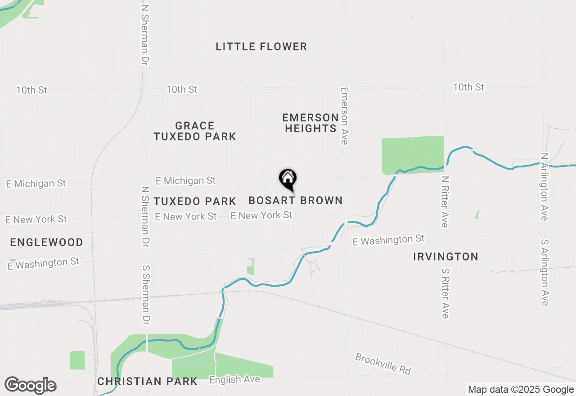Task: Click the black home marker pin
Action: click(x=288, y=179)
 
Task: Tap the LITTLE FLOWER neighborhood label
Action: click(x=261, y=46)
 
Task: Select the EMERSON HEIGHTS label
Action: click(x=310, y=123)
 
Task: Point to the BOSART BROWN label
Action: click(x=295, y=200)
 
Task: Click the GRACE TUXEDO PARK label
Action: click(x=195, y=131)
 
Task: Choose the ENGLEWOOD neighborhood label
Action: click(x=47, y=243)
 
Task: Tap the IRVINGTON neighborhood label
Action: click(x=445, y=257)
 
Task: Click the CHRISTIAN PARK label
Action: click(x=148, y=382)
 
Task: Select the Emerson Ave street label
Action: click(x=345, y=116)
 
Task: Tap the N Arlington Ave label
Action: click(x=544, y=187)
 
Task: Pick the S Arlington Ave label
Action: click(x=544, y=272)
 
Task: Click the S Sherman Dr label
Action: click(x=146, y=295)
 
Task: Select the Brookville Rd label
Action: click(x=383, y=364)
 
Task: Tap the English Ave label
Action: click(x=234, y=380)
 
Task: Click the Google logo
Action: click(x=30, y=385)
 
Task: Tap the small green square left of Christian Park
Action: click(x=77, y=360)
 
